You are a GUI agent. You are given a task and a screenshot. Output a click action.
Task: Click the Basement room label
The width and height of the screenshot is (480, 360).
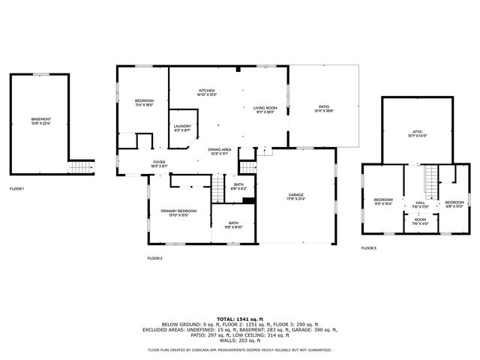point(41,121)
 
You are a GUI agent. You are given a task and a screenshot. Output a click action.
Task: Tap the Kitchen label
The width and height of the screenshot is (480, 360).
point(207,92)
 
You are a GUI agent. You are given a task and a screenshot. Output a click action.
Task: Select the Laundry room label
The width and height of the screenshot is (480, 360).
point(182,128)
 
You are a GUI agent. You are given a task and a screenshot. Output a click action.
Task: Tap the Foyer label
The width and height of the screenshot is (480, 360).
point(159,163)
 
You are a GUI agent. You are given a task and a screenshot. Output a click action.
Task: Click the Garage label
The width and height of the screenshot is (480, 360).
point(295,198)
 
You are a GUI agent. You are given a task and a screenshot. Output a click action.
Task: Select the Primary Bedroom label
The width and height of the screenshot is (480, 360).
point(178,213)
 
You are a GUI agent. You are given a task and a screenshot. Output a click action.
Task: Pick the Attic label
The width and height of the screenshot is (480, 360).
point(417,133)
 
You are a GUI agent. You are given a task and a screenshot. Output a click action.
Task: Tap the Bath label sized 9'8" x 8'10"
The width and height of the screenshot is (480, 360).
point(233,224)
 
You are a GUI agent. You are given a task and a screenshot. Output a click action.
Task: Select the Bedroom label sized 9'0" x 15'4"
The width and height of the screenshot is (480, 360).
point(383,202)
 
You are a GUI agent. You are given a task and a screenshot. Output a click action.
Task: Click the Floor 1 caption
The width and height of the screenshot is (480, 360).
point(16,188)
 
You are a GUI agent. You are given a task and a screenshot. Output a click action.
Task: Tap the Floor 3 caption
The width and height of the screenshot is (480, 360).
point(368,247)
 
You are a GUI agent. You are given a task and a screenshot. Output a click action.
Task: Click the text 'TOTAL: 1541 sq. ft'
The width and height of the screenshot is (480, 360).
point(239,319)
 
